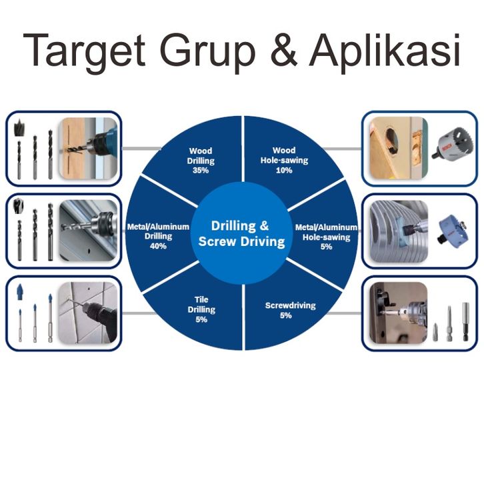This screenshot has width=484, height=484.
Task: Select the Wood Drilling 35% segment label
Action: pos(200,161)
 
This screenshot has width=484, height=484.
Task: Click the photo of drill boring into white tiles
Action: pos(88,312)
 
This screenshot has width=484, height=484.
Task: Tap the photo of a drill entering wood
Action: pos(88,148)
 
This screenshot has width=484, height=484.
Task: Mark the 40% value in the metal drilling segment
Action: pos(158,246)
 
